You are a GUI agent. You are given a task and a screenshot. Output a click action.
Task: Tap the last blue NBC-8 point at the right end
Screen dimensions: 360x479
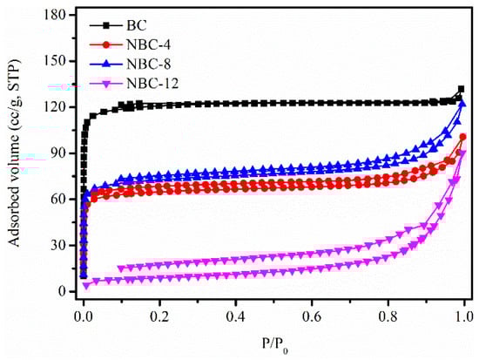tap(462, 105)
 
